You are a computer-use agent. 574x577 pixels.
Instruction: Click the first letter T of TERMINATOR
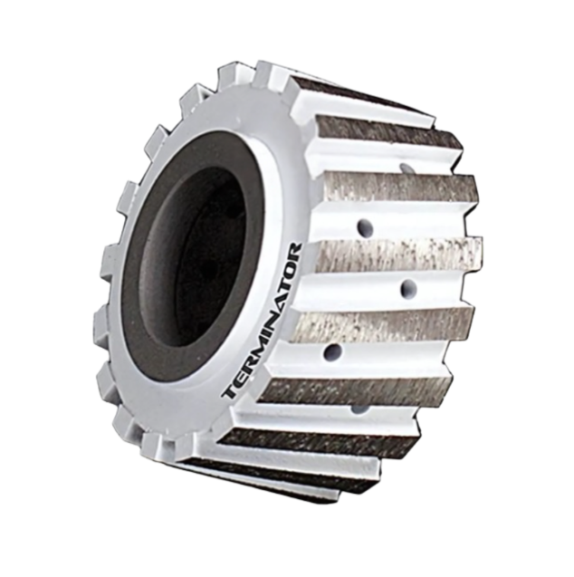(x=230, y=392)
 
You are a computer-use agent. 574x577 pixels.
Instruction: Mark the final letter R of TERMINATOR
(x=294, y=251)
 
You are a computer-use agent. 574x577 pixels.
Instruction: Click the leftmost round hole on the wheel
(x=332, y=351)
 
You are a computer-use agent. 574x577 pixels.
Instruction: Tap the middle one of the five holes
(x=408, y=289)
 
